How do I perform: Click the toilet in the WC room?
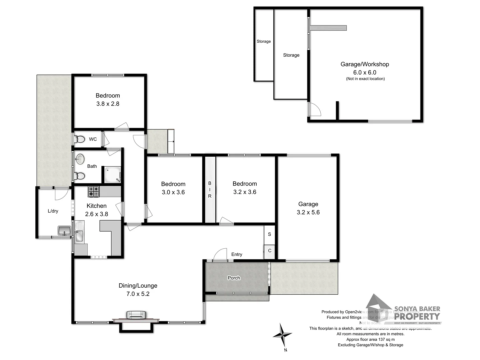pos(79,139)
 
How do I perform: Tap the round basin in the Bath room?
pos(80,159)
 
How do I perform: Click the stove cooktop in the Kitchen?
pos(93,191)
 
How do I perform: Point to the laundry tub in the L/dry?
pos(64,230)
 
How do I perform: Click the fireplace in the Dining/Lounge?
pos(136,315)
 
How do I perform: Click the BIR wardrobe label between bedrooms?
pos(210,190)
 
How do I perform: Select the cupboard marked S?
pos(269,234)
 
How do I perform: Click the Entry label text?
pos(237,254)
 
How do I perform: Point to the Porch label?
pos(234,278)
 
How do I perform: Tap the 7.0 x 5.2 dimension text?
pos(138,294)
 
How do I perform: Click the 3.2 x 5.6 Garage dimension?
pos(308,212)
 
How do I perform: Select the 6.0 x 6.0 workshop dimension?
pos(365,72)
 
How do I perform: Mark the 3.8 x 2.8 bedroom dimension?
pos(108,104)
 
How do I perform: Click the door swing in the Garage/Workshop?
pos(315,109)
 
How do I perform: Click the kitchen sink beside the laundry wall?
pos(79,235)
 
